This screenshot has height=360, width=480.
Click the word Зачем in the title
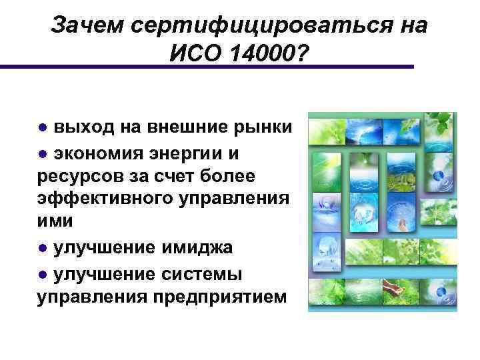85,25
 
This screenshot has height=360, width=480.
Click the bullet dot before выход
42,127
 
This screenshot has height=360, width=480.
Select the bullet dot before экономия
42,154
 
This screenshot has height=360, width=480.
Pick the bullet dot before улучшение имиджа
42,249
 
